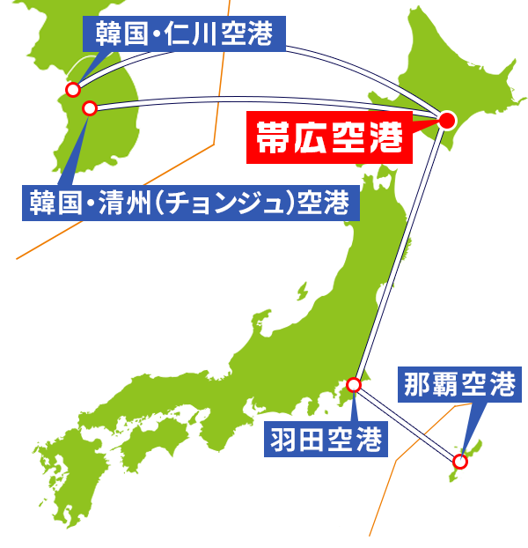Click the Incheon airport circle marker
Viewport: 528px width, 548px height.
click(74, 89)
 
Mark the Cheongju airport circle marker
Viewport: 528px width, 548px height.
click(89, 108)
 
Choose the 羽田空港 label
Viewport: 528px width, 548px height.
click(325, 438)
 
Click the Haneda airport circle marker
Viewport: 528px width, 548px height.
click(354, 384)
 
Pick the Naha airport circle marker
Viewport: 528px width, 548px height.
click(459, 460)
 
